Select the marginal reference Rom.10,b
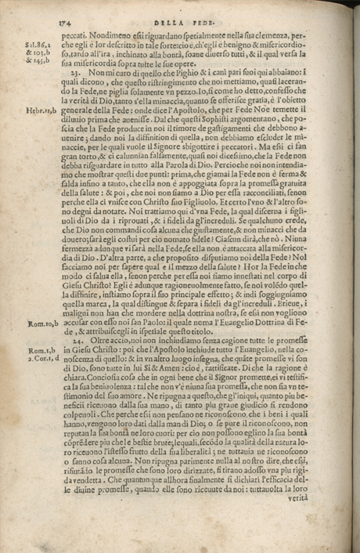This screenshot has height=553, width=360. point(39,321)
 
